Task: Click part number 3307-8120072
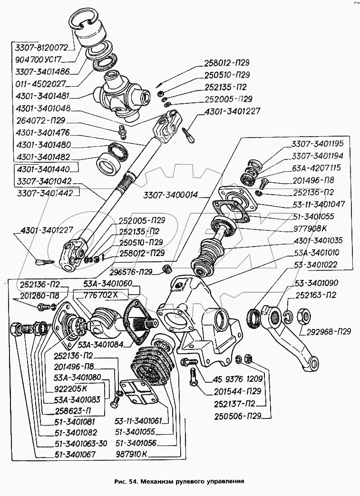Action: coord(42,48)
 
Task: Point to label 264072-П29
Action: coord(40,120)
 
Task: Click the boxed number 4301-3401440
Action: coord(43,169)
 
